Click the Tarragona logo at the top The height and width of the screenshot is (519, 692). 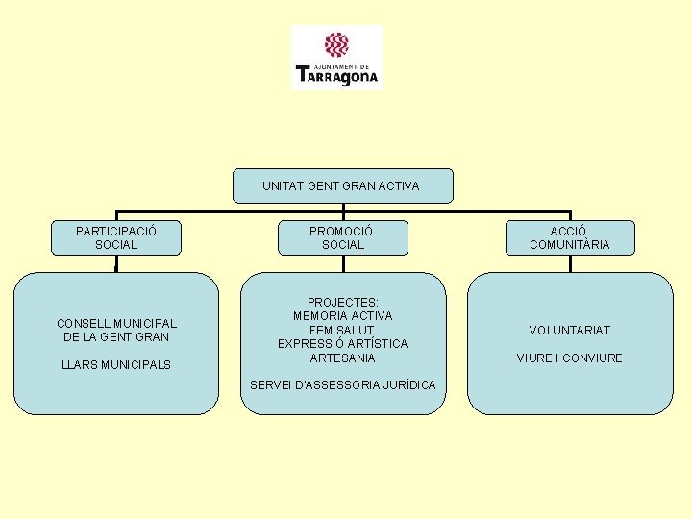coord(336,58)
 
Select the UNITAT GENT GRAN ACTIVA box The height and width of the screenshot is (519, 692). coord(342,185)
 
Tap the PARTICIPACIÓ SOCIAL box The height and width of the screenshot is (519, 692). coord(116,237)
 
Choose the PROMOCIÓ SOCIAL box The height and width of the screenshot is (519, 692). coord(342,237)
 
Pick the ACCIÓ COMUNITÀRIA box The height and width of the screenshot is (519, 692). coord(569,237)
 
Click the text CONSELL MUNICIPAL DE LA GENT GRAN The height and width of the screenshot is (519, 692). coord(116,330)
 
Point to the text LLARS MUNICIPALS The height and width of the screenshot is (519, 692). coord(116,365)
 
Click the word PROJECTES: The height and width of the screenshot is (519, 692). coord(342,302)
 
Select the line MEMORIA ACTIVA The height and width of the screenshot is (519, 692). coord(342,315)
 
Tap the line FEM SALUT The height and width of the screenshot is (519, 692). coord(342,330)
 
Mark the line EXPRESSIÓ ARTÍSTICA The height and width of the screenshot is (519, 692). coord(342,343)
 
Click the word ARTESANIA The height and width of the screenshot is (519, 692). coord(342,358)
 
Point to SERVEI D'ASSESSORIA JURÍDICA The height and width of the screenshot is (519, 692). coord(342,385)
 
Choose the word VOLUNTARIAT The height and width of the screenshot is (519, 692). coord(569,331)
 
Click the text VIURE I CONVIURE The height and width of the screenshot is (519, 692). coord(569,358)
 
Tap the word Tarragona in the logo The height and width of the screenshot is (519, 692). coord(337,74)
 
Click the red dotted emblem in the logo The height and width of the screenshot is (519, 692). coord(335,44)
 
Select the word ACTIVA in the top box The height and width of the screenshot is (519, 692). coord(399,185)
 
